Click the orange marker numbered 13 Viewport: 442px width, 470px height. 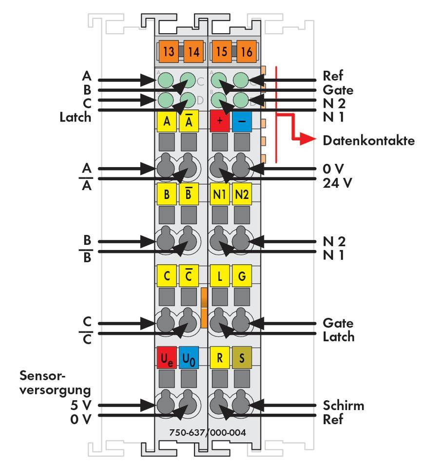coord(168,52)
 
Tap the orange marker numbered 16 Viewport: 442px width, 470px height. coord(246,52)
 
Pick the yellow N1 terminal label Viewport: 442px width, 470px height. coord(219,195)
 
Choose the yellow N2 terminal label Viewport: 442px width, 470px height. coord(242,195)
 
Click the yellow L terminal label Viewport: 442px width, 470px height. coord(219,276)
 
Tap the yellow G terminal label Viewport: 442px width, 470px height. coord(242,276)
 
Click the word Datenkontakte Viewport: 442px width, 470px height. coord(368,141)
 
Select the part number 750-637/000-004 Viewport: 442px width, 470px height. coord(207,432)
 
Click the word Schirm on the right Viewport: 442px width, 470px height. coord(343,405)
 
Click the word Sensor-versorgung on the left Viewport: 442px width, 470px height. coord(56,383)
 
